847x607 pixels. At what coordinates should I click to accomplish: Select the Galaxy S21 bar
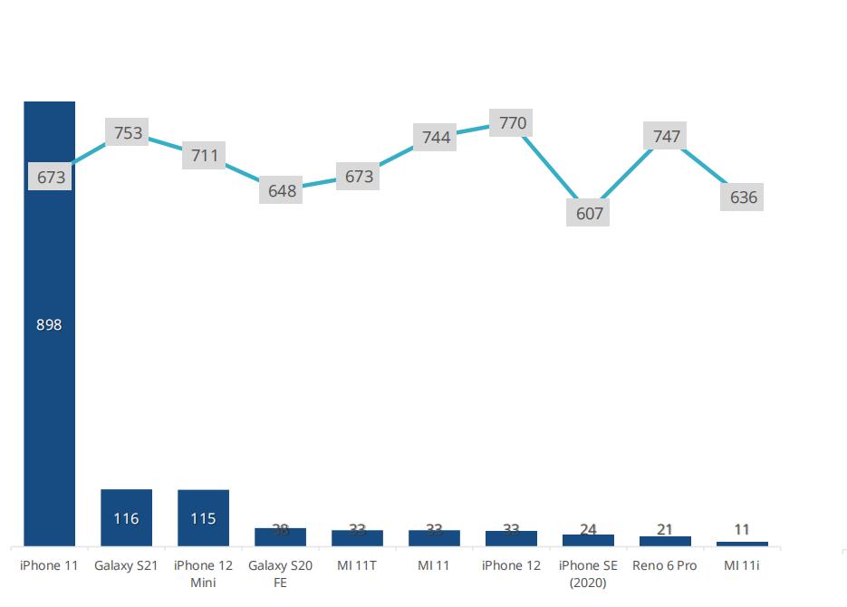point(126,517)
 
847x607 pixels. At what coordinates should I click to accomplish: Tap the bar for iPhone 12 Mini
point(203,517)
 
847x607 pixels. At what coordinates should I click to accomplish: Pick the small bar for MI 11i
point(742,544)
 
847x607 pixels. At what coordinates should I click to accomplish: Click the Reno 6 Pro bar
point(665,541)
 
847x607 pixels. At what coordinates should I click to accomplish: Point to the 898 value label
point(49,324)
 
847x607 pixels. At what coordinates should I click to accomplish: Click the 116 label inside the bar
point(126,519)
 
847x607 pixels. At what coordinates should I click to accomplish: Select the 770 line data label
point(513,122)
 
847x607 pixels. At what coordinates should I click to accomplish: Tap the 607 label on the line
point(589,214)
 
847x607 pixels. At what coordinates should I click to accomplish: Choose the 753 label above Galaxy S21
point(129,133)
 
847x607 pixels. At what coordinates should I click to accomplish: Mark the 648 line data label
point(282,191)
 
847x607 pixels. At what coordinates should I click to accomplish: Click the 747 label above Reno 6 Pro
point(666,137)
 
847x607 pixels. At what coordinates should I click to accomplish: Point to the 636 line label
point(743,197)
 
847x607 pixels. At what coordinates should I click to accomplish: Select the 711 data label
point(205,155)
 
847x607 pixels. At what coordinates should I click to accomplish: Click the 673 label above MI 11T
point(359,177)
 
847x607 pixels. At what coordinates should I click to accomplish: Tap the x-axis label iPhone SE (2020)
point(588,573)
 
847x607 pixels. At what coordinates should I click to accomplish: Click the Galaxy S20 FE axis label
point(280,573)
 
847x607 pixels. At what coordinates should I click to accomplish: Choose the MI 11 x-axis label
point(434,565)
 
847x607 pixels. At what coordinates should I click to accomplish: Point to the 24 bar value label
point(588,529)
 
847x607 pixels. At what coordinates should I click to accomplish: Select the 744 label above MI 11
point(436,138)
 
